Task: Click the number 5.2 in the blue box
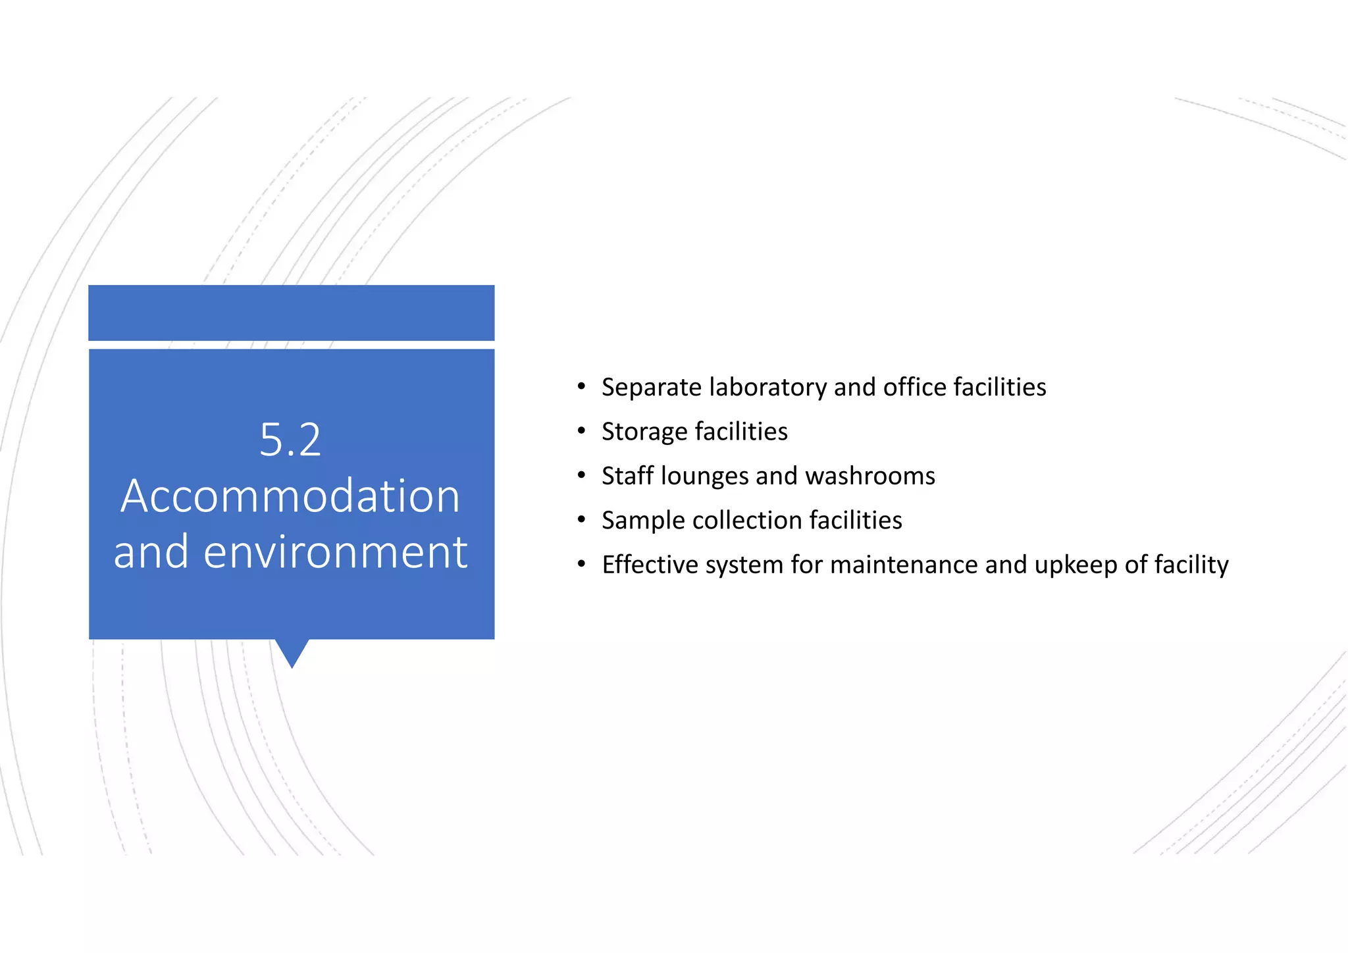click(x=290, y=440)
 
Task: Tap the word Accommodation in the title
click(x=290, y=496)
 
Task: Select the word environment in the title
click(x=335, y=552)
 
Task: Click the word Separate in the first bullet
click(x=651, y=387)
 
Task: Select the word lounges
click(x=704, y=476)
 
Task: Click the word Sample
click(x=643, y=521)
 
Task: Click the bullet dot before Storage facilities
click(x=581, y=431)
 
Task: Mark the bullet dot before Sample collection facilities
click(x=581, y=520)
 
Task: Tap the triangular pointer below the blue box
click(x=292, y=652)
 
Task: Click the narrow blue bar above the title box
click(x=291, y=313)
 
